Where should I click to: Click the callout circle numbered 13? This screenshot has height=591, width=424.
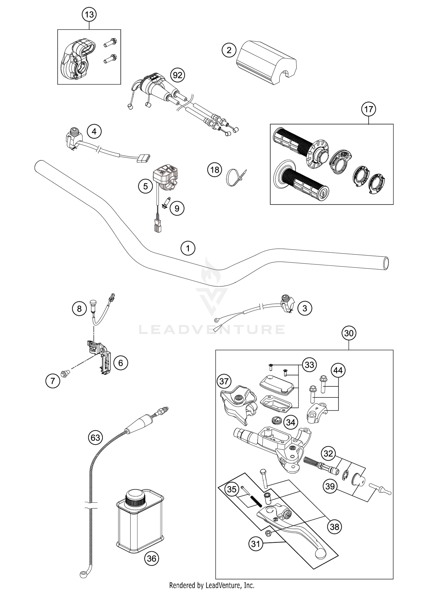[89, 14]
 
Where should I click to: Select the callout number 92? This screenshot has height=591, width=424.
[178, 75]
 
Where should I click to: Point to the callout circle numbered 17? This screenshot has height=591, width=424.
[369, 109]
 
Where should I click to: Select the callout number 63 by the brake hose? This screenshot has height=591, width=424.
[95, 438]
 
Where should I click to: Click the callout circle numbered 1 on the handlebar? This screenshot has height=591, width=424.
[188, 249]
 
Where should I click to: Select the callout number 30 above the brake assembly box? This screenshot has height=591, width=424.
[349, 333]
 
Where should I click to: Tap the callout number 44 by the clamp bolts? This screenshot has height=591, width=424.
[338, 370]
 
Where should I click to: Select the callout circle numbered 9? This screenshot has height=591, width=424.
[177, 209]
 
